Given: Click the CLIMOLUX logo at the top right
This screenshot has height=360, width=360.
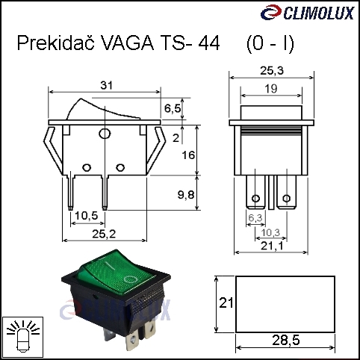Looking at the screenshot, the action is coord(307,13).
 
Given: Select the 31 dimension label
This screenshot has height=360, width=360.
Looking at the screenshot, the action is coord(107,85).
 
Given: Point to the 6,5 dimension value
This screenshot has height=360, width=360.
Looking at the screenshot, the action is coord(173,108).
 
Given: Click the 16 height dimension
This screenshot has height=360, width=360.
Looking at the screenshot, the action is coord(188,155).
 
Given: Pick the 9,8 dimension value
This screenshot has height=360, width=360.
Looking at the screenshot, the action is coord(186,195).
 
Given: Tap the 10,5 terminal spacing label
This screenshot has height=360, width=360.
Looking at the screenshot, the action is coord(87,216).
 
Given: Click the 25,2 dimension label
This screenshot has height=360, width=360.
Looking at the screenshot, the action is coord(104,234).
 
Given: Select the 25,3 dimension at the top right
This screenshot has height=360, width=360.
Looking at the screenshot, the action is coord(272,71).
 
